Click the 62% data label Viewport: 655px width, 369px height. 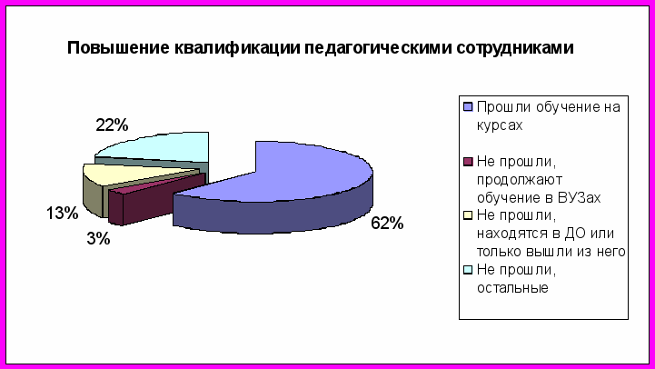387,224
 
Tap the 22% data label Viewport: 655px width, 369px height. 112,125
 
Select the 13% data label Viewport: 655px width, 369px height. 63,213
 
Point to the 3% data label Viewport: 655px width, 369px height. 99,239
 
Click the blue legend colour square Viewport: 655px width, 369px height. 468,107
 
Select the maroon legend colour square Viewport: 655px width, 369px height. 468,161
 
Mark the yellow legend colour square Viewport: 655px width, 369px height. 468,215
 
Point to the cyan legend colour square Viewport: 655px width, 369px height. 468,270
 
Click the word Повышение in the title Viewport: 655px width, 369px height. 118,47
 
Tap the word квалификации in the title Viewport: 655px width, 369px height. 237,48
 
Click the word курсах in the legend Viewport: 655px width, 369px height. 500,125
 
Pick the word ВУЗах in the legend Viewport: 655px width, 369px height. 580,197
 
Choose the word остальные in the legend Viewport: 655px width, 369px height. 512,288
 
